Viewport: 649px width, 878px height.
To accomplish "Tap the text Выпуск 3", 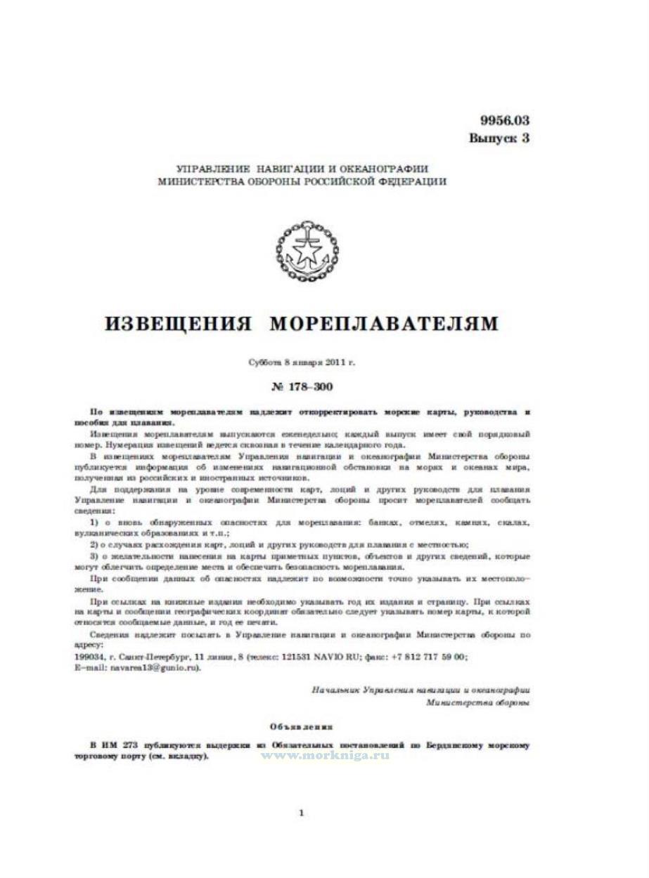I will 499,138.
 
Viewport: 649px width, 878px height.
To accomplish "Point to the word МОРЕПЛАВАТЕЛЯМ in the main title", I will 384,324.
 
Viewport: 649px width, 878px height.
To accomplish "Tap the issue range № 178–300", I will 302,387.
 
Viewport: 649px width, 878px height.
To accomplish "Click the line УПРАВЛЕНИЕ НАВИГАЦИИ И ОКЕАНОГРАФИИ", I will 302,169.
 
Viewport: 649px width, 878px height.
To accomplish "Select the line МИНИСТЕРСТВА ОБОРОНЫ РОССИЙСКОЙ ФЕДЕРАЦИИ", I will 302,181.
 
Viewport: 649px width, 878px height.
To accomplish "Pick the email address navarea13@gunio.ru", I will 155,667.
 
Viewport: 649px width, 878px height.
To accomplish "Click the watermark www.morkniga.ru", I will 325,754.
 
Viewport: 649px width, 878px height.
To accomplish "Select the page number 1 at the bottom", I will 302,813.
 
